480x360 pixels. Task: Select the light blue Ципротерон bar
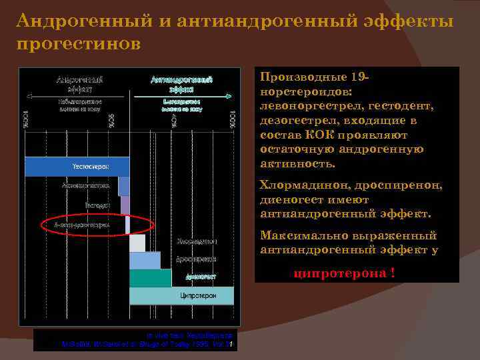coord(181,295)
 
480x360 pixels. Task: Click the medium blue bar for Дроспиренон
coord(144,260)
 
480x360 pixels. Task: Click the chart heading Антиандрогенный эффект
coord(181,83)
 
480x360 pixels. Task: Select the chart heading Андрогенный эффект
coord(75,83)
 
